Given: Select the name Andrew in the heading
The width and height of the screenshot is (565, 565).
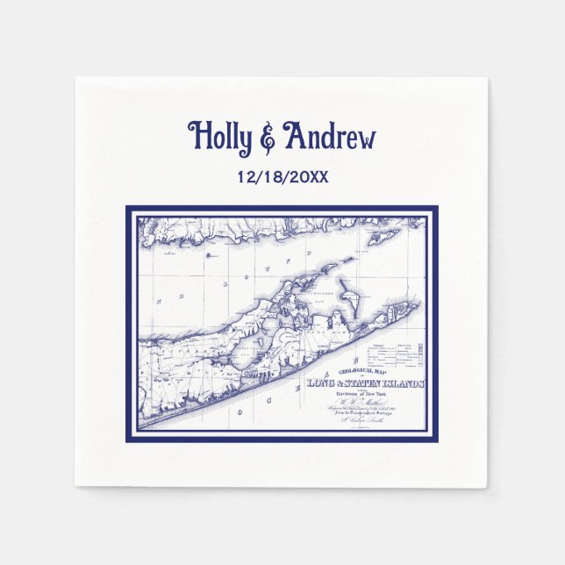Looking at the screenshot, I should click(329, 137).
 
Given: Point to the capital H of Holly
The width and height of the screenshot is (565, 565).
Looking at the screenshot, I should click(198, 137).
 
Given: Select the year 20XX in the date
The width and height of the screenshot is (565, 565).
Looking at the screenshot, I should click(308, 176).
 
